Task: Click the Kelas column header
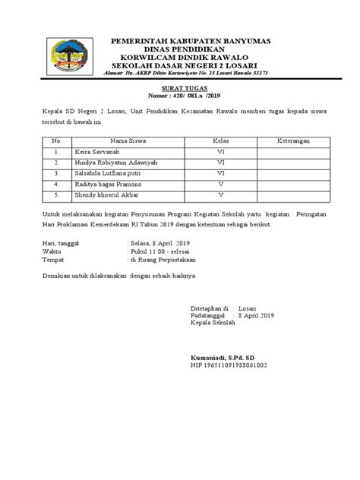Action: click(x=220, y=141)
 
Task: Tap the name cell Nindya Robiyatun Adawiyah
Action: click(x=115, y=163)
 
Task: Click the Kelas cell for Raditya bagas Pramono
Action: click(x=220, y=184)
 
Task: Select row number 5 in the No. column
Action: click(x=56, y=194)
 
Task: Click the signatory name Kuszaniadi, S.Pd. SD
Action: click(x=224, y=357)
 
